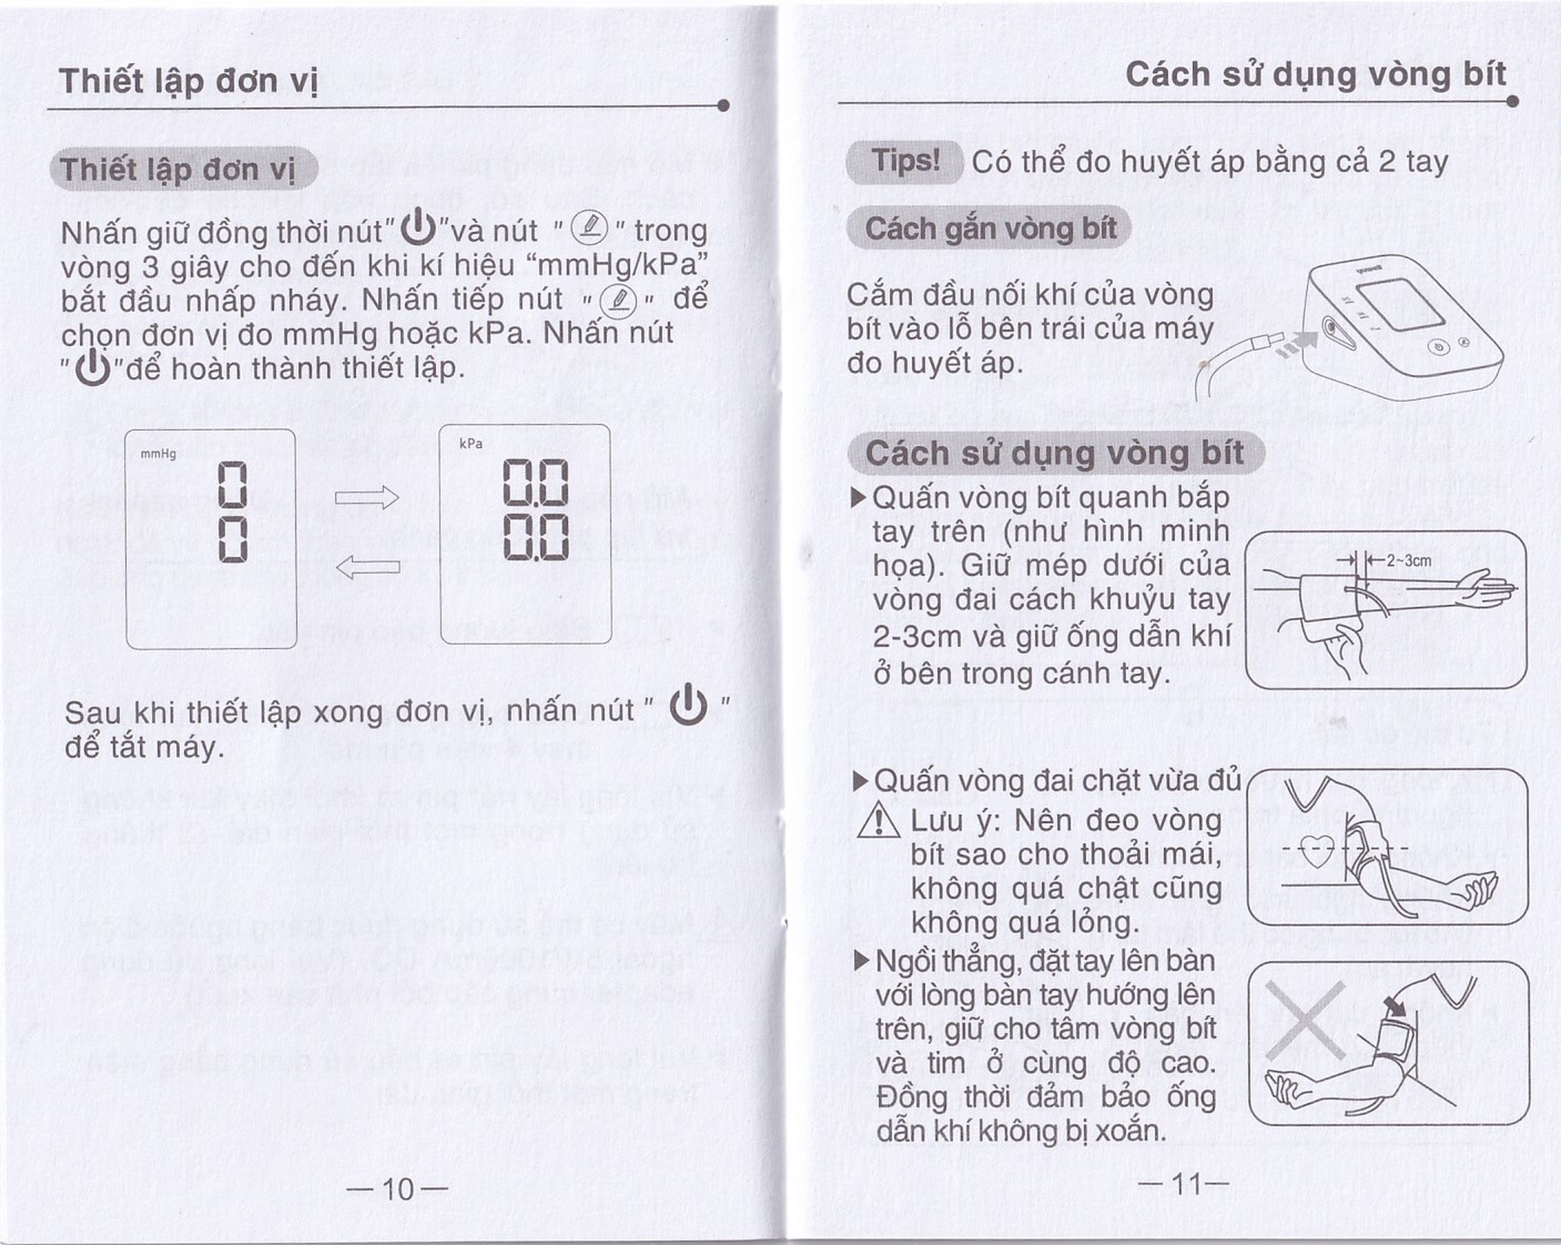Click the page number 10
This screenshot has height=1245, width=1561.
tap(397, 1188)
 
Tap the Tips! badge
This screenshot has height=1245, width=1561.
tap(904, 161)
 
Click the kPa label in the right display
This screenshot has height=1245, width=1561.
tap(471, 443)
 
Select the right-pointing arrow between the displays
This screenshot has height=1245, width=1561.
tap(366, 498)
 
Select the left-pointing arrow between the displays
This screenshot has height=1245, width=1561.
tap(368, 566)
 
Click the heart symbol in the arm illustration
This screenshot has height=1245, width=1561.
tap(1316, 850)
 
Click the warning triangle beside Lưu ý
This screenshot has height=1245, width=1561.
tap(877, 823)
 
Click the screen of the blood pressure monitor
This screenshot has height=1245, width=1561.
tap(1399, 303)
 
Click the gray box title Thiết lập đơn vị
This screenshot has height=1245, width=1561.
tap(178, 169)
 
